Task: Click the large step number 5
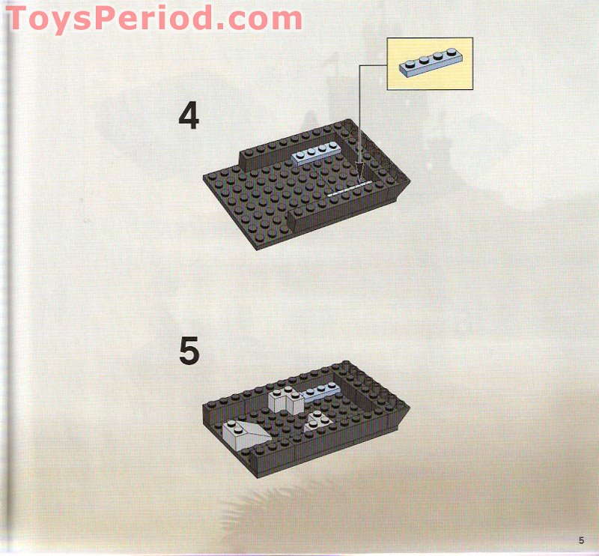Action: pos(189,351)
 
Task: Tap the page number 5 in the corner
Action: pos(580,540)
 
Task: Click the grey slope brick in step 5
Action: pos(244,434)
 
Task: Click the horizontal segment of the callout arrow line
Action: pos(373,64)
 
